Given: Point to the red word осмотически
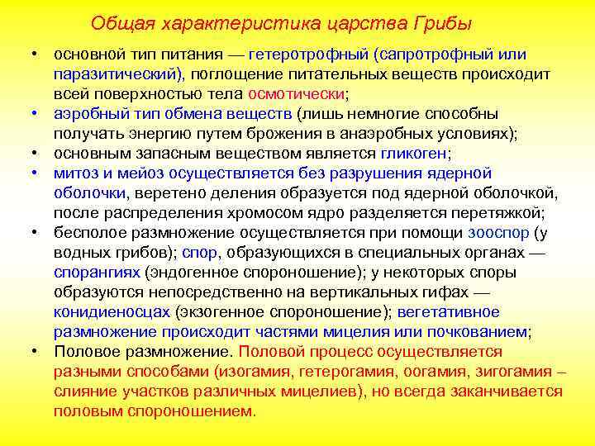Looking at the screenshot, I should (x=297, y=94).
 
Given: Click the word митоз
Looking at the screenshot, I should (x=75, y=173).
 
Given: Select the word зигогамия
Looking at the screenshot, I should (x=515, y=372).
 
